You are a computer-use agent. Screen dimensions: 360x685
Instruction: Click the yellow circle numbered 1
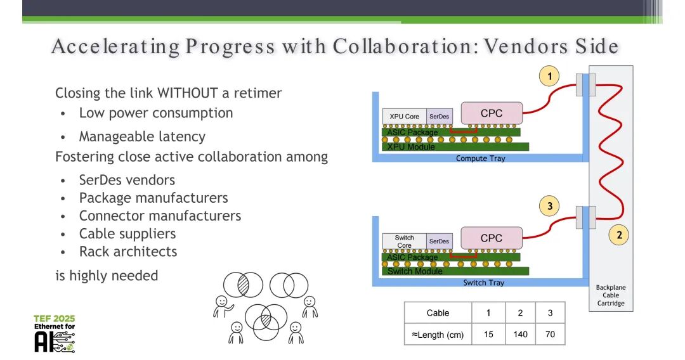pos(549,77)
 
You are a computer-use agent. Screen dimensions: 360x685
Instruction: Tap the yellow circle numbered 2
pos(619,235)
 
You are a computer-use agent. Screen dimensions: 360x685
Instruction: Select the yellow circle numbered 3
pos(550,206)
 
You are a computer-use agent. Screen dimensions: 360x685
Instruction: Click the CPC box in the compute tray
pos(492,113)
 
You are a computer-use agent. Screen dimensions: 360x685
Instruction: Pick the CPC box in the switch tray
pos(492,238)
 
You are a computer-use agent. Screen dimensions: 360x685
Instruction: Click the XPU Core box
pos(404,117)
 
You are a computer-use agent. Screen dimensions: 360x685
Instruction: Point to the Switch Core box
pos(404,241)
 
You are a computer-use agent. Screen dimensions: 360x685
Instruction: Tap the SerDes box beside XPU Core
pos(439,117)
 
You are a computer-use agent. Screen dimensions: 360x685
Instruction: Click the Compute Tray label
pos(480,158)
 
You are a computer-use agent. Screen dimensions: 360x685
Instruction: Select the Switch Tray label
pos(483,283)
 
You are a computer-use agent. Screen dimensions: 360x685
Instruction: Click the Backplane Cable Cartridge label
pos(610,295)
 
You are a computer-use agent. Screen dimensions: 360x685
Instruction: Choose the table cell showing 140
pos(520,334)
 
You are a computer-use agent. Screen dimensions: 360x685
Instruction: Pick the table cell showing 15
pos(488,334)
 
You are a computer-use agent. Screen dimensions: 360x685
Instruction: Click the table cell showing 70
pos(550,334)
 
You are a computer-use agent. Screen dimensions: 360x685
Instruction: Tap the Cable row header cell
pos(438,313)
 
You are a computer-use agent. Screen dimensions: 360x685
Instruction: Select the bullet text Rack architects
pos(127,252)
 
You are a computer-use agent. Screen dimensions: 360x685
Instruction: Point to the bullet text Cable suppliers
pos(127,234)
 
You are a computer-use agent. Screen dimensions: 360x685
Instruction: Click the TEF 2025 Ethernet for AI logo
pos(55,333)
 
